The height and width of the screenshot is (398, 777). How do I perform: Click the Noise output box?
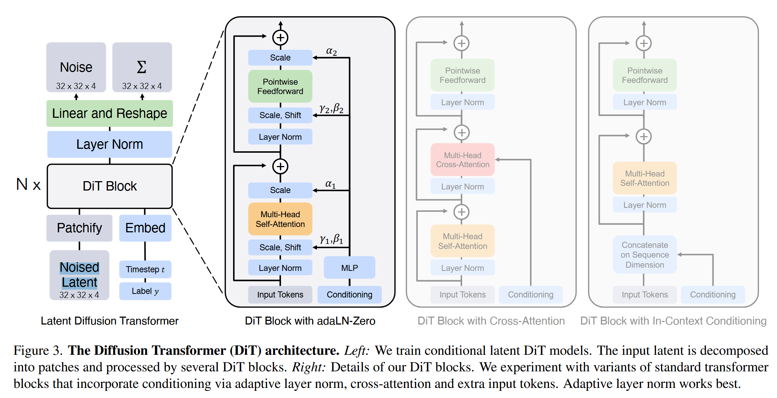pyautogui.click(x=76, y=67)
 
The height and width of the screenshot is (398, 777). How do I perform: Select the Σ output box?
pyautogui.click(x=142, y=67)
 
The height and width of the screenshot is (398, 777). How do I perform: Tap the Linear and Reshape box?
pyautogui.click(x=110, y=113)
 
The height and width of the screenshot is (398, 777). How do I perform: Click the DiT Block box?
pyautogui.click(x=110, y=186)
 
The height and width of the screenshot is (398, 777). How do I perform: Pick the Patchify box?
pyautogui.click(x=79, y=228)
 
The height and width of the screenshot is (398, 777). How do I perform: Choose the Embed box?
pyautogui.click(x=145, y=228)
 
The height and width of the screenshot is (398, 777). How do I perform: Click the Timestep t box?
pyautogui.click(x=145, y=269)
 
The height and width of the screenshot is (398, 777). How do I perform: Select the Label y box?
pyautogui.click(x=145, y=291)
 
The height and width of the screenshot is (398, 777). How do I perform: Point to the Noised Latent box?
pyautogui.click(x=79, y=275)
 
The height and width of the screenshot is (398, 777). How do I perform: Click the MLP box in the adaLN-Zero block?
pyautogui.click(x=349, y=268)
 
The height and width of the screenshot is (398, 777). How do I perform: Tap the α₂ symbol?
pyautogui.click(x=331, y=52)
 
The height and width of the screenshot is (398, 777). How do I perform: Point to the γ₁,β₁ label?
pyautogui.click(x=331, y=239)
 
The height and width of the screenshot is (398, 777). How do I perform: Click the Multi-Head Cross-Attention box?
pyautogui.click(x=463, y=160)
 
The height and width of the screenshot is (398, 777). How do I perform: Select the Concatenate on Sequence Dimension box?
pyautogui.click(x=645, y=255)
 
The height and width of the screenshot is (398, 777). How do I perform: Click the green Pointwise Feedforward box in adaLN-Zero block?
pyautogui.click(x=280, y=86)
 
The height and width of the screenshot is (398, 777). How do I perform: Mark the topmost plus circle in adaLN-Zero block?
pyautogui.click(x=280, y=37)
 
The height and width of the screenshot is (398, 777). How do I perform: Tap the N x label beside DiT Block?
pyautogui.click(x=28, y=185)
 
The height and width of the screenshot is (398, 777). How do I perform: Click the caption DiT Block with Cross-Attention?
pyautogui.click(x=491, y=321)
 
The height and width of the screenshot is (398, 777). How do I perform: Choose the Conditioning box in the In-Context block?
pyautogui.click(x=713, y=295)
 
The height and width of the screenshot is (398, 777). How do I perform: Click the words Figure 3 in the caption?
pyautogui.click(x=38, y=351)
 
